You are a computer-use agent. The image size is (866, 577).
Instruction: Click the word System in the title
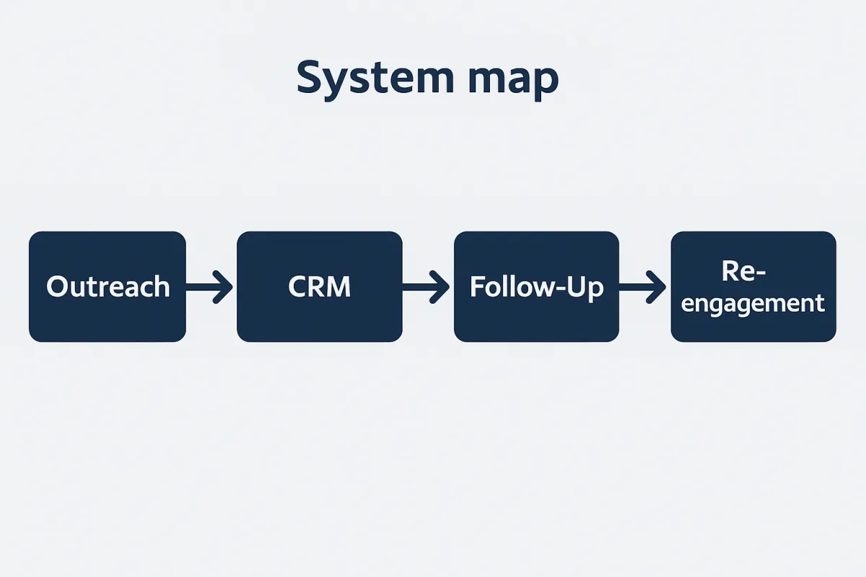pyautogui.click(x=375, y=79)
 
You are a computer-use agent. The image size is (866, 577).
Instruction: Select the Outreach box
pyautogui.click(x=108, y=286)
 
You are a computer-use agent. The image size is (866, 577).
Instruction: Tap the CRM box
pyautogui.click(x=320, y=286)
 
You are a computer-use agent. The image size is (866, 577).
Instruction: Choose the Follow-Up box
pyautogui.click(x=537, y=286)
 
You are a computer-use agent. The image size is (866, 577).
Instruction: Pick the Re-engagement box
pyautogui.click(x=753, y=286)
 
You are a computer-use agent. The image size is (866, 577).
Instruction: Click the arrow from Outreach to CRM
pyautogui.click(x=209, y=287)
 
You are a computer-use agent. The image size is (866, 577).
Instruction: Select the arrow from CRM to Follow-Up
pyautogui.click(x=426, y=287)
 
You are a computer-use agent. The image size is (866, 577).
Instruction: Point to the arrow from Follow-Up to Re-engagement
pyautogui.click(x=642, y=287)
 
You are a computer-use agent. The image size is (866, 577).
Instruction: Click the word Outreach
pyautogui.click(x=108, y=286)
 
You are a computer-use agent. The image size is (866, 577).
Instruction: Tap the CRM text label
pyautogui.click(x=319, y=286)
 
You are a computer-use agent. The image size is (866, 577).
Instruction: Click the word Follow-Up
pyautogui.click(x=537, y=288)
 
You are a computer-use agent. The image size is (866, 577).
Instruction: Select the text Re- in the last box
pyautogui.click(x=743, y=271)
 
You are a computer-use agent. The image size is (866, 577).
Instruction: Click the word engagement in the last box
pyautogui.click(x=753, y=304)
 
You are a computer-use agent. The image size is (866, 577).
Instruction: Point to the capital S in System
pyautogui.click(x=311, y=77)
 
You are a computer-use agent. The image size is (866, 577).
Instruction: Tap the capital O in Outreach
pyautogui.click(x=58, y=286)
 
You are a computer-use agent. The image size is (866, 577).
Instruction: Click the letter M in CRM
pyautogui.click(x=339, y=286)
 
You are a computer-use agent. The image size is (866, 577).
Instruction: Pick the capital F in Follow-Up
pyautogui.click(x=477, y=286)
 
